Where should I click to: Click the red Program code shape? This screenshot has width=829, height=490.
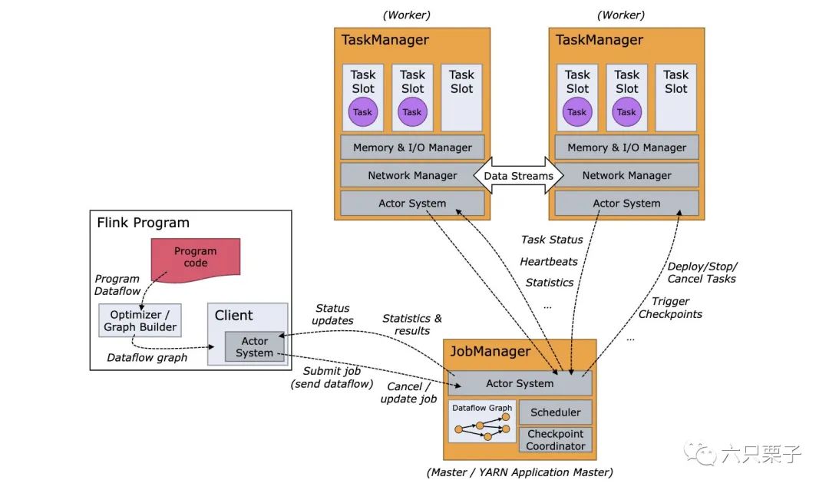pyautogui.click(x=196, y=259)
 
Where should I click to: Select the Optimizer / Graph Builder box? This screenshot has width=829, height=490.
pyautogui.click(x=140, y=321)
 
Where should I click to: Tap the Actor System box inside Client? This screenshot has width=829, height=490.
pyautogui.click(x=254, y=347)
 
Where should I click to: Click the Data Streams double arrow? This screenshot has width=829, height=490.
pyautogui.click(x=519, y=176)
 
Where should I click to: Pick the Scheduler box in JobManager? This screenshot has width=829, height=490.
pyautogui.click(x=556, y=412)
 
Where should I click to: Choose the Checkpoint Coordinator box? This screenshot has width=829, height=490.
pyautogui.click(x=556, y=440)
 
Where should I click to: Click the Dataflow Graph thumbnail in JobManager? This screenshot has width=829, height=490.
pyautogui.click(x=482, y=422)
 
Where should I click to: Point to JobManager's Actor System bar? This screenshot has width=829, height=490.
pyautogui.click(x=520, y=384)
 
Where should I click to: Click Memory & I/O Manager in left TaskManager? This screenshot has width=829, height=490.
pyautogui.click(x=412, y=147)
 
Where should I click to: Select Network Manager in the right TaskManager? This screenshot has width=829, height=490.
pyautogui.click(x=626, y=175)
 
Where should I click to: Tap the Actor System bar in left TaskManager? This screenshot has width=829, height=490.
pyautogui.click(x=412, y=204)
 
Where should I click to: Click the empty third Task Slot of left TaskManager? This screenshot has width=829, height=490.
pyautogui.click(x=461, y=98)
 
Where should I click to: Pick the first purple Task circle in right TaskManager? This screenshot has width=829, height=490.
pyautogui.click(x=576, y=111)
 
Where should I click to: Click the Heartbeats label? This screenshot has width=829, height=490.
pyautogui.click(x=549, y=261)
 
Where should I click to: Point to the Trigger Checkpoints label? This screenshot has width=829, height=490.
pyautogui.click(x=670, y=307)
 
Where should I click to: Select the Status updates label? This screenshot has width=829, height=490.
pyautogui.click(x=332, y=314)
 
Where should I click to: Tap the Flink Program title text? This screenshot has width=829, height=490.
pyautogui.click(x=143, y=223)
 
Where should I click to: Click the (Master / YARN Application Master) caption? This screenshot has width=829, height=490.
pyautogui.click(x=520, y=472)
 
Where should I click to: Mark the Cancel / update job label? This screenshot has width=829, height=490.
pyautogui.click(x=408, y=392)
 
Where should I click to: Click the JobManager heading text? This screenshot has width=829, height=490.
pyautogui.click(x=490, y=351)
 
